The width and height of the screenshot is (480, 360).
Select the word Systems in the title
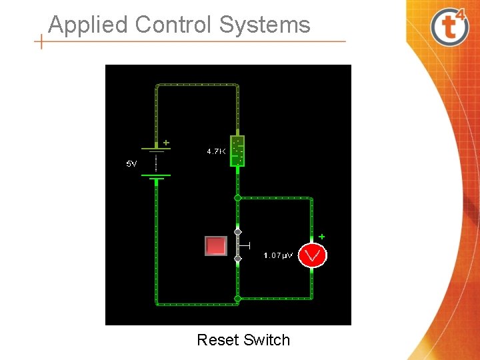click(265, 25)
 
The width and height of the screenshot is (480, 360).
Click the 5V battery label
click(132, 163)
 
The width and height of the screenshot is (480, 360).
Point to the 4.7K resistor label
click(215, 152)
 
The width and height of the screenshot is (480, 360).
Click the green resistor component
click(237, 151)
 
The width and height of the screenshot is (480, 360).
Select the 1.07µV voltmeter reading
click(277, 255)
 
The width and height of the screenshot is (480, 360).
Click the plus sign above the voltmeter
click(321, 236)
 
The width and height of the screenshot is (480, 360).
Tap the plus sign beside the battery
click(166, 142)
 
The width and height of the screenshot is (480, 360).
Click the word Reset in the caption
click(218, 340)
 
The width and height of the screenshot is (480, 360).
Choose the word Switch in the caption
click(267, 340)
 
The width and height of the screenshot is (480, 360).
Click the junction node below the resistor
click(237, 197)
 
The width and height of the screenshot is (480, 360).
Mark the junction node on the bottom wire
click(237, 298)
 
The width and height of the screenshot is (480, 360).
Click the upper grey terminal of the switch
click(237, 232)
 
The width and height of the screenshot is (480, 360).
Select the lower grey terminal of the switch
click(237, 258)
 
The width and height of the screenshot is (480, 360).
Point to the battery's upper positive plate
click(156, 149)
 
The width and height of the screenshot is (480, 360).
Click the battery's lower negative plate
click(156, 176)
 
